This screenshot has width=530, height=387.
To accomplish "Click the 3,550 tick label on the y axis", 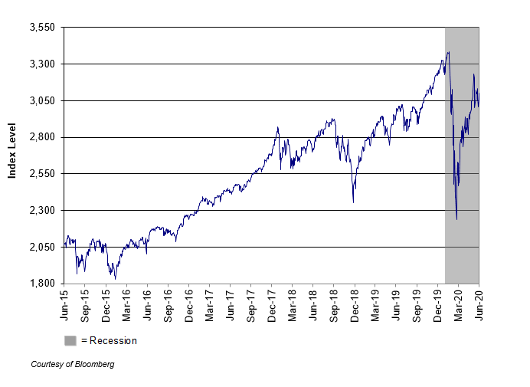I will click(x=43, y=27).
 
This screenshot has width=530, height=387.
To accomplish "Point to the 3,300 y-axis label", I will click(x=43, y=64).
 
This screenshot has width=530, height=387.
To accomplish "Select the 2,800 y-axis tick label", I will click(x=43, y=137).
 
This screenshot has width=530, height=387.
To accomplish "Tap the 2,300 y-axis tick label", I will click(x=43, y=210).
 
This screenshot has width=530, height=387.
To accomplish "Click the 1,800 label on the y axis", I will click(x=43, y=284).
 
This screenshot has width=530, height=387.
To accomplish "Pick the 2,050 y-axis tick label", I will click(x=43, y=247).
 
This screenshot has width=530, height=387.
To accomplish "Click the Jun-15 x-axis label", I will click(x=64, y=302).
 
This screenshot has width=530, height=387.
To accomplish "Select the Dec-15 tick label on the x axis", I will click(x=106, y=302).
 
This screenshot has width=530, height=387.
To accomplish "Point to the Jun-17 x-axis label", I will click(x=231, y=302).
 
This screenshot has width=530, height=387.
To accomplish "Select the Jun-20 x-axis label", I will click(x=479, y=302).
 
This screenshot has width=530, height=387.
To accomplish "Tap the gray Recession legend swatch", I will click(x=70, y=340).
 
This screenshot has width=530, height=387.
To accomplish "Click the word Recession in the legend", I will click(x=113, y=340).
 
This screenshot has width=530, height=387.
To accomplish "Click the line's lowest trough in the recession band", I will click(x=456, y=220).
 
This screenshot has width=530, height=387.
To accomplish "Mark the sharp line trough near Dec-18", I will click(x=353, y=202).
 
